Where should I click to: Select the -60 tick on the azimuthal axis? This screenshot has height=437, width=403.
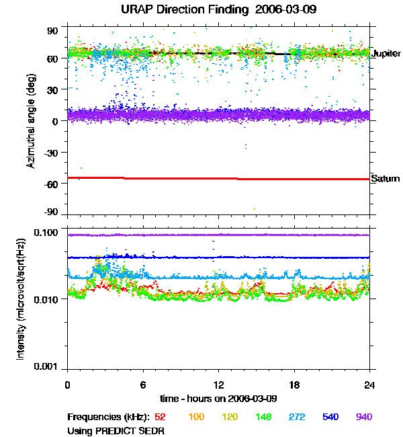tap(52, 183)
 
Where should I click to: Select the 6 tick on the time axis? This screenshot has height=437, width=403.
tap(143, 385)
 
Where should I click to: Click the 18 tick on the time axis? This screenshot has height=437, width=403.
tap(294, 385)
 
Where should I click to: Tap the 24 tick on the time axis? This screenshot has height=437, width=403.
tap(369, 385)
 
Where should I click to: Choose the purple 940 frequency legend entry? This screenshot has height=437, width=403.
tap(363, 418)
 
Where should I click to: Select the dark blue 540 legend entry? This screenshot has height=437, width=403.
tap(330, 418)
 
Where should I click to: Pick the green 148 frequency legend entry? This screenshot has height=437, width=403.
tap(264, 418)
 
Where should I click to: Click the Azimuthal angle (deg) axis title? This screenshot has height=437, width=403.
tap(31, 121)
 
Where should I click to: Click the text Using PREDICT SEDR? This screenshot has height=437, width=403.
tap(116, 430)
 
